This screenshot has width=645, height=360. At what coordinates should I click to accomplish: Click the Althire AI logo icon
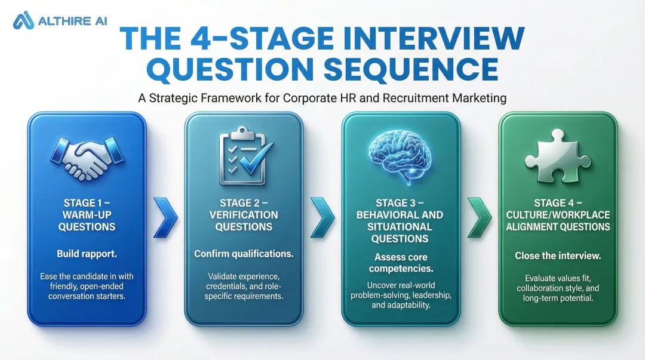(x=23, y=20)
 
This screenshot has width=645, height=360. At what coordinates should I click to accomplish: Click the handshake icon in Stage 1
(x=87, y=156)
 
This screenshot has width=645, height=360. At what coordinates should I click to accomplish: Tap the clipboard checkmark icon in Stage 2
(x=245, y=155)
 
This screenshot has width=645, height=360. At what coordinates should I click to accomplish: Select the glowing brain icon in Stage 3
(x=400, y=155)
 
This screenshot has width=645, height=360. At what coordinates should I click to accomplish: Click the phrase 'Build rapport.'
(x=87, y=254)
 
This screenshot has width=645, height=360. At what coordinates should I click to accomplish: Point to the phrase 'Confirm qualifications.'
(x=244, y=254)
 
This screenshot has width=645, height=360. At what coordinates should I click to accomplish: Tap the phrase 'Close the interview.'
(x=558, y=256)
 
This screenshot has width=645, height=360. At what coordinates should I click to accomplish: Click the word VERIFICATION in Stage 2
(x=244, y=215)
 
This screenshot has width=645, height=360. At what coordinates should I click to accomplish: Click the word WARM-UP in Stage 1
(x=87, y=215)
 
